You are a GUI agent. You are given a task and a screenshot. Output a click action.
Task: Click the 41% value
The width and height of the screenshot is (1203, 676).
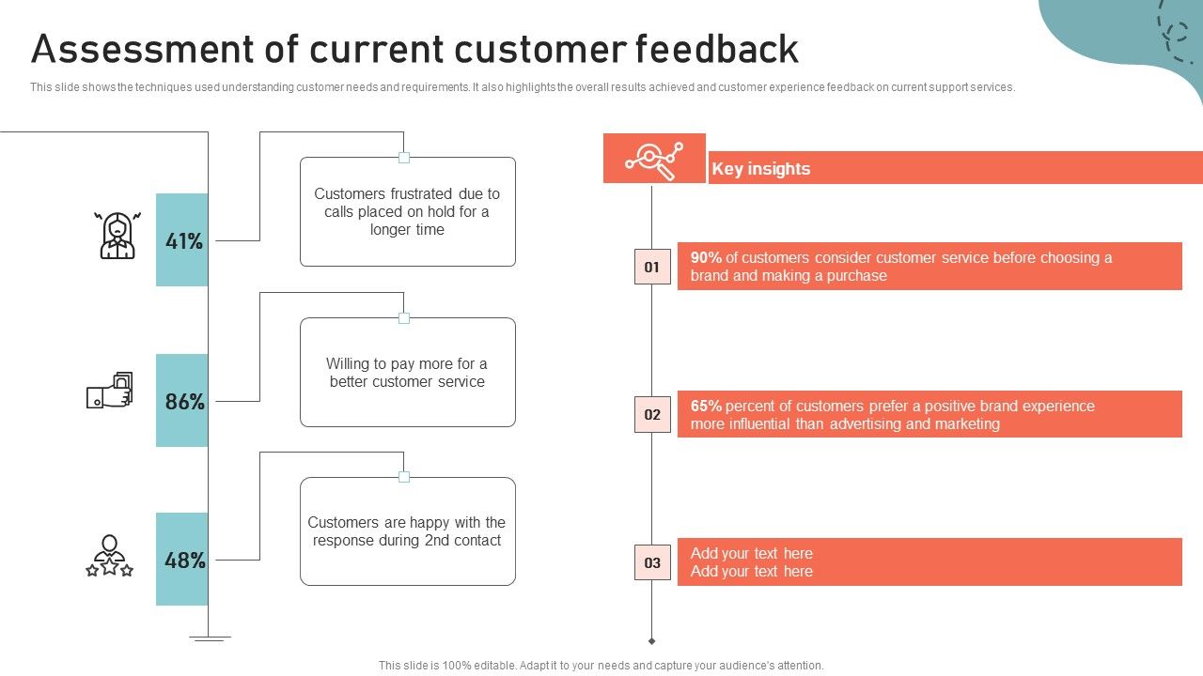[184, 241]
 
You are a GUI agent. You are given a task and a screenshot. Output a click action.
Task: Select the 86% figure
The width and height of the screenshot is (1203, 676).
[184, 402]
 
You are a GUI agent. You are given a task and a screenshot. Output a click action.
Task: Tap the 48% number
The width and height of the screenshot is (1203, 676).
[184, 561]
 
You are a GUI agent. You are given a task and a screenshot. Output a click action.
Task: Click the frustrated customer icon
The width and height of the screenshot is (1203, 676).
[117, 236]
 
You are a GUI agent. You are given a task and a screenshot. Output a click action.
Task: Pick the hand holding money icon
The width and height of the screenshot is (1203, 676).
[110, 392]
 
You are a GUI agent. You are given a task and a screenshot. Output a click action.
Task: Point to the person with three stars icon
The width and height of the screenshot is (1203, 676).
[110, 556]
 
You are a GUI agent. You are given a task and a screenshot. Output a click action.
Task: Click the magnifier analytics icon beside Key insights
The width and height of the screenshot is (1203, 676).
[654, 159]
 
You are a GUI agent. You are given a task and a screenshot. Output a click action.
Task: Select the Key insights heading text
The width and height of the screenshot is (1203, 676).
[760, 169]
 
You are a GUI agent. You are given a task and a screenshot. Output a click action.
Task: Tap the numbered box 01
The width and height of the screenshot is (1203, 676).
[652, 267]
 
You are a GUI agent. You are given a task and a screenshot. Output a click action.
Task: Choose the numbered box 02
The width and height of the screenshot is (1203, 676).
[652, 414]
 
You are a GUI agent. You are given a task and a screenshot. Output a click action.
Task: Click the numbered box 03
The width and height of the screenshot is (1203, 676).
[652, 562]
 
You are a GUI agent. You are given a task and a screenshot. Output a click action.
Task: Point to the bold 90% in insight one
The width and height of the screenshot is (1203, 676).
[706, 257]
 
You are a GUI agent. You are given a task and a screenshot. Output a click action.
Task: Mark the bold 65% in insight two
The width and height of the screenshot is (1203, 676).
[706, 406]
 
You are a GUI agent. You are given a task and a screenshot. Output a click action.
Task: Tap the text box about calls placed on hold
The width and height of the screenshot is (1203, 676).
[407, 212]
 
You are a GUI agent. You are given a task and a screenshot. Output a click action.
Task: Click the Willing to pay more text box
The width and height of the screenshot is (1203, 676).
[407, 373]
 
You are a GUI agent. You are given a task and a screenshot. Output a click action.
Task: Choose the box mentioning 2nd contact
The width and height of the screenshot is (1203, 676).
[407, 531]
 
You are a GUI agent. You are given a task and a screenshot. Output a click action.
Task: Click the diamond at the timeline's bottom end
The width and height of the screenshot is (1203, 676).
[651, 641]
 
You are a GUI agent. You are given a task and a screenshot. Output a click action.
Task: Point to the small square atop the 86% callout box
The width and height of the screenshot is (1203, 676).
[404, 318]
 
